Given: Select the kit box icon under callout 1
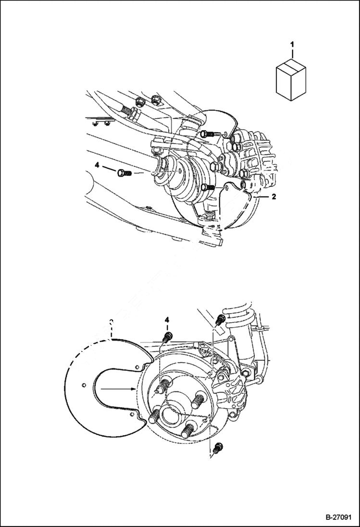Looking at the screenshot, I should pos(291,80).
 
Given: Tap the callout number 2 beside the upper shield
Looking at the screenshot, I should pos(274,196).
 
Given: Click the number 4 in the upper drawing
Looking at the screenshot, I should pos(97,165).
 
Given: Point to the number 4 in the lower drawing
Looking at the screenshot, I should pos(167,319).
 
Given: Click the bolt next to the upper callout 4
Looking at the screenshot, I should pos(123,172).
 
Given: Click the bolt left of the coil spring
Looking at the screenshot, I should pos(221,318).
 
